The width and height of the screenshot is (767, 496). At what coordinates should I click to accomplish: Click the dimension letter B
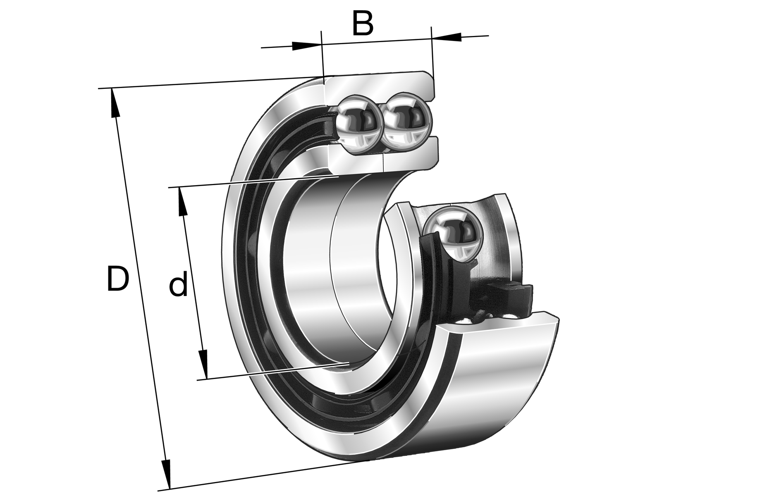tap(363, 24)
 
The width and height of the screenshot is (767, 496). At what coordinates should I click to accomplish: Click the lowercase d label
tap(178, 284)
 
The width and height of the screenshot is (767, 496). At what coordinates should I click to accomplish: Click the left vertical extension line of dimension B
tap(322, 58)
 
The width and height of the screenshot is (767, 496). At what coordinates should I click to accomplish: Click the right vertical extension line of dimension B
tap(432, 54)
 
